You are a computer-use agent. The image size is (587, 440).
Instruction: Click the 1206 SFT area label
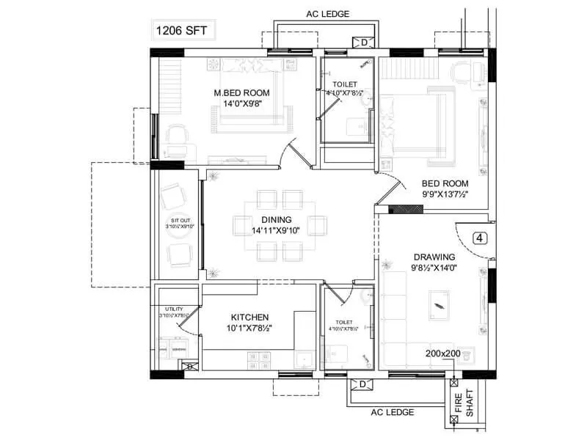pyautogui.click(x=181, y=32)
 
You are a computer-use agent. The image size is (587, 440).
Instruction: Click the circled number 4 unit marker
pyautogui.click(x=480, y=238)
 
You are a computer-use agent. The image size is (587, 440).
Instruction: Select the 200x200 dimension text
pyautogui.click(x=442, y=353)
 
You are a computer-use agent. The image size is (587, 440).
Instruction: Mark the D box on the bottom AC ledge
pyautogui.click(x=362, y=385)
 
